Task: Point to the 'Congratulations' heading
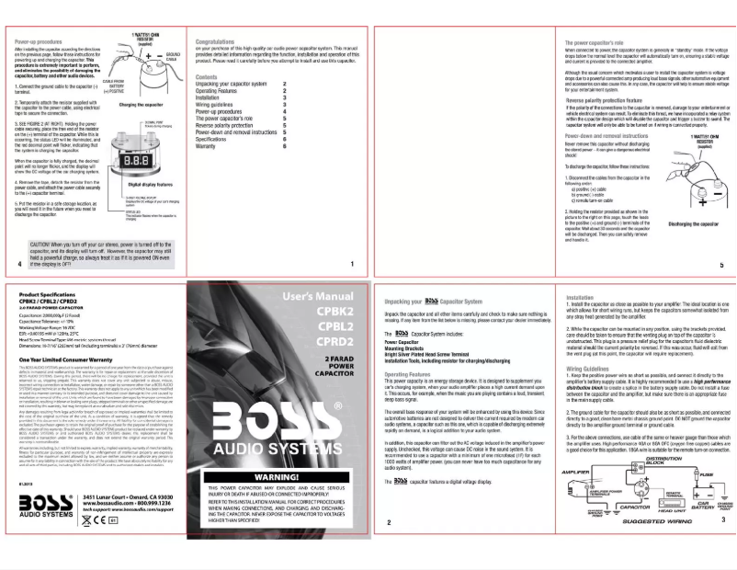pyautogui.click(x=220, y=42)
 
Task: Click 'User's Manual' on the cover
pyautogui.click(x=318, y=297)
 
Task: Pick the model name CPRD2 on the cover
pyautogui.click(x=334, y=339)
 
